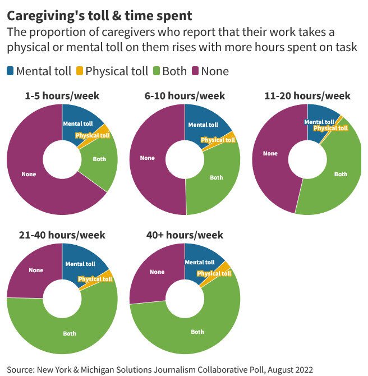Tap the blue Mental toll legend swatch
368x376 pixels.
(11, 71)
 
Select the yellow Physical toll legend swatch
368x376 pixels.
(80, 71)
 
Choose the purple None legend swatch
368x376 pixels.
(196, 71)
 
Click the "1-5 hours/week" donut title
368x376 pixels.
(62, 96)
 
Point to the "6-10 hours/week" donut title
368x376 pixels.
(185, 96)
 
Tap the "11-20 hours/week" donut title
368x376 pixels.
(307, 96)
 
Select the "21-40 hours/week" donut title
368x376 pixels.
(62, 235)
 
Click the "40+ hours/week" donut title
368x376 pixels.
(185, 235)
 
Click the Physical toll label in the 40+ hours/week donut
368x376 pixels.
(214, 273)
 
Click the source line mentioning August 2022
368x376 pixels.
(160, 369)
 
